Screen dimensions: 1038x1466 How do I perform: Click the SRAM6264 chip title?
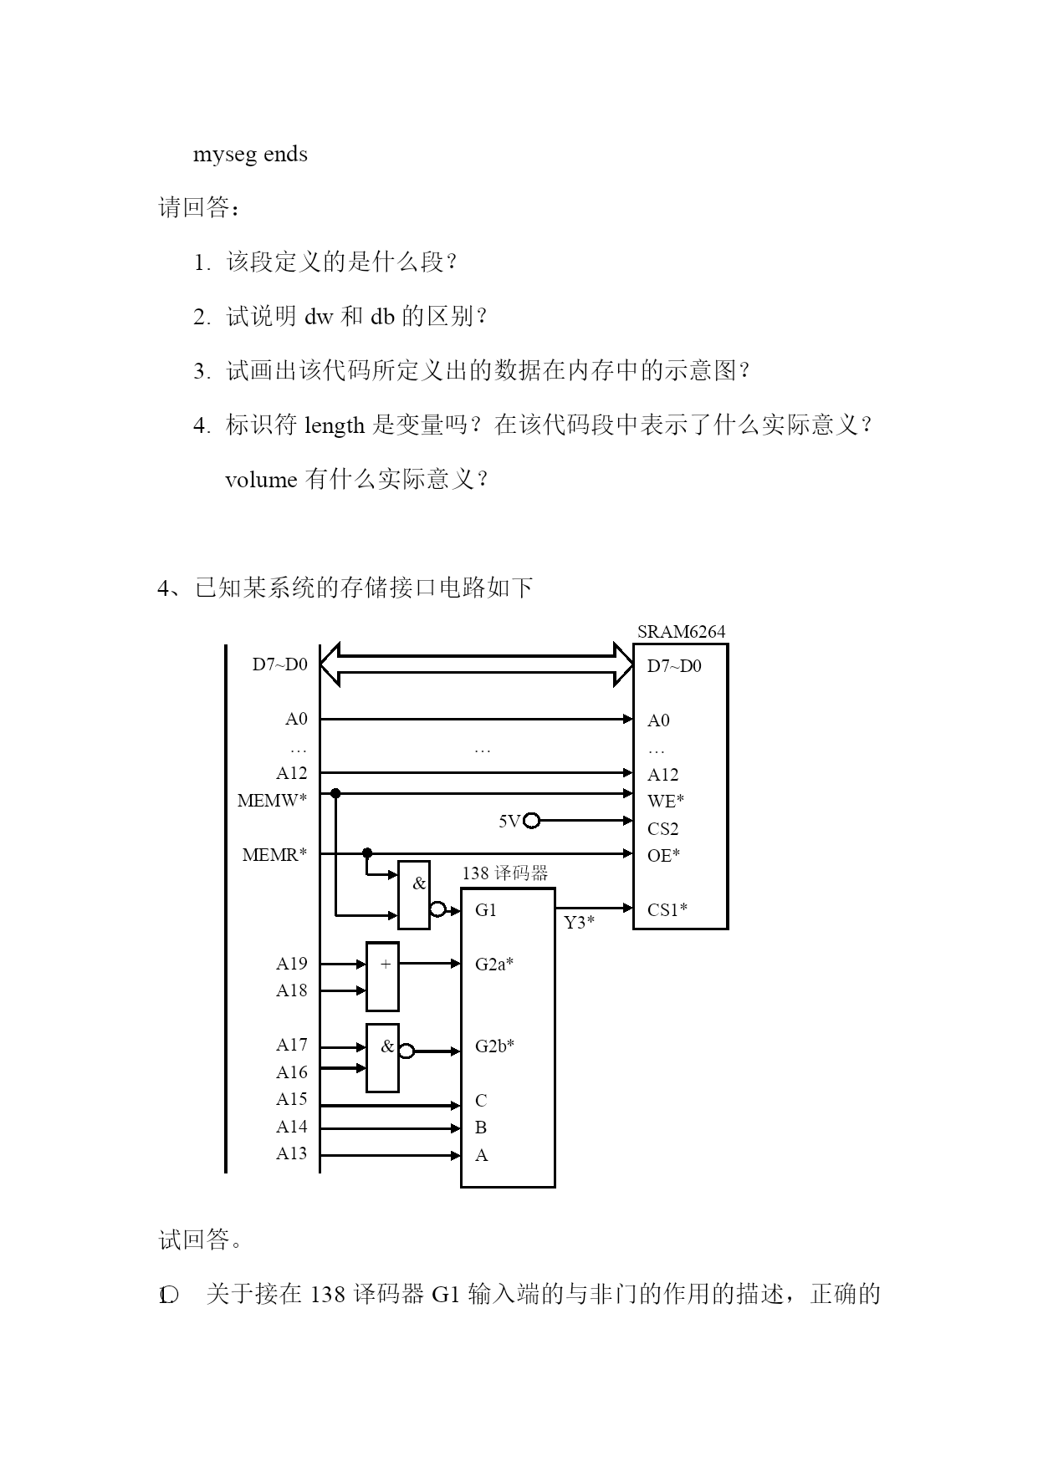tap(681, 632)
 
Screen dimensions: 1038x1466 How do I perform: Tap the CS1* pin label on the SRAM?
tap(667, 909)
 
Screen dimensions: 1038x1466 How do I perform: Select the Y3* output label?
tap(579, 923)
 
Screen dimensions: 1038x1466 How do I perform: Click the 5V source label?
tap(509, 822)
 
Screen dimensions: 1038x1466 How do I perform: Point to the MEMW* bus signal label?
tap(272, 801)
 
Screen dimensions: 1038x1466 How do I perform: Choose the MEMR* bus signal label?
tap(274, 855)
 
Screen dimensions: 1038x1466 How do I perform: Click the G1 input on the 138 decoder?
tap(486, 910)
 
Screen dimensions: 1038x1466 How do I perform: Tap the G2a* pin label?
tap(494, 965)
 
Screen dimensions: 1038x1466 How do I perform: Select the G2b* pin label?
tap(494, 1046)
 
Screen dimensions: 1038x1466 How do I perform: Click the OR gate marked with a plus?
tap(382, 976)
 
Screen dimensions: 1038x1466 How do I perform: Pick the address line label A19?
tap(292, 964)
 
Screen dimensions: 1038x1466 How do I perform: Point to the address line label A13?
tap(292, 1153)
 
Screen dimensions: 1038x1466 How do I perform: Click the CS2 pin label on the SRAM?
tap(662, 829)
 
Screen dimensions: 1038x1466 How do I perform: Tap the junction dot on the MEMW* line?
tap(335, 792)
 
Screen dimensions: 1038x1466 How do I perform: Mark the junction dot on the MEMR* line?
tap(366, 853)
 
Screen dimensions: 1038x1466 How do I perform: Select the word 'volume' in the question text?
tap(262, 480)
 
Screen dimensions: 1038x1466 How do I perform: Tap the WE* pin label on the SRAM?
tap(666, 801)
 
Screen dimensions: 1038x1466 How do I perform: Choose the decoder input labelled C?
tap(481, 1101)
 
